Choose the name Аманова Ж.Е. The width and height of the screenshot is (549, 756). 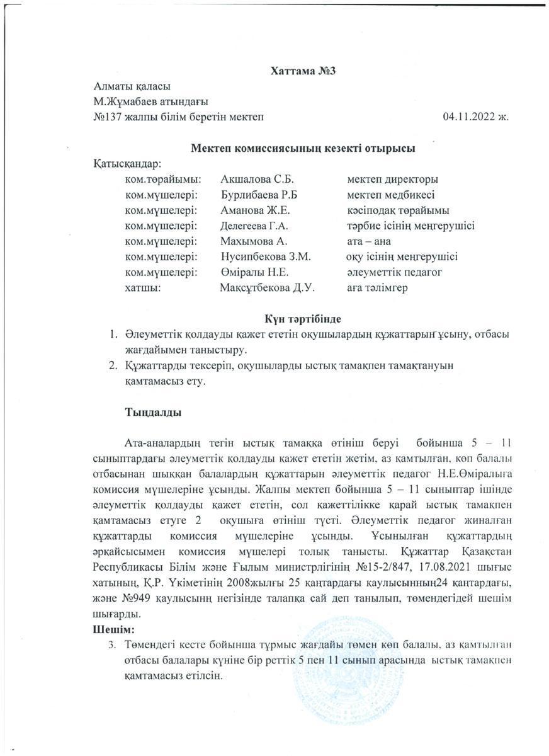(255, 210)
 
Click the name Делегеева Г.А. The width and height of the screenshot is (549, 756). (256, 226)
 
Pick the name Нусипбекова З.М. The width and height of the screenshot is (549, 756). (266, 257)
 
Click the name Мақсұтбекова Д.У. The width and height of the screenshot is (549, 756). (267, 288)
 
